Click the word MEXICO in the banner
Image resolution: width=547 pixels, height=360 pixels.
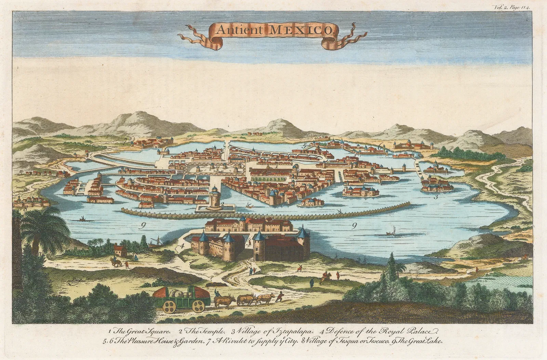(x=301, y=30)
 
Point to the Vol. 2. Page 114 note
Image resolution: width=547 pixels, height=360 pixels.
(x=511, y=6)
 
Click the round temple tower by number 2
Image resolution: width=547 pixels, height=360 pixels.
(x=215, y=198)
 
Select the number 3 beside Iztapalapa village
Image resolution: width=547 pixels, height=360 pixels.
(x=436, y=197)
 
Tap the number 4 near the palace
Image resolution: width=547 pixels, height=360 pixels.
(x=182, y=245)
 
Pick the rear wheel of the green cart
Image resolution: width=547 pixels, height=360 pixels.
(x=168, y=307)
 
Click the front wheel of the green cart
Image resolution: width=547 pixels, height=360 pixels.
(x=198, y=306)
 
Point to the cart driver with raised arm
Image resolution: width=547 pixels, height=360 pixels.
(x=217, y=293)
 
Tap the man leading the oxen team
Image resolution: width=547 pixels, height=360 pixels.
(x=280, y=296)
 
